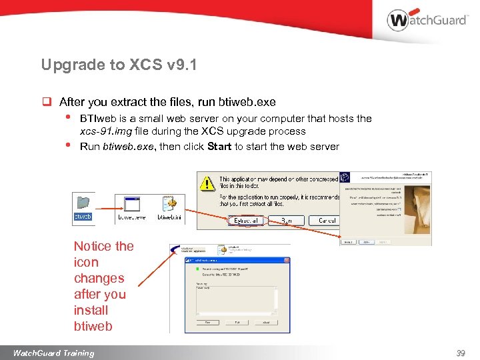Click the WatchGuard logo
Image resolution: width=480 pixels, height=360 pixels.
tap(427, 20)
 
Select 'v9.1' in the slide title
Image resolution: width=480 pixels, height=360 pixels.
tap(179, 65)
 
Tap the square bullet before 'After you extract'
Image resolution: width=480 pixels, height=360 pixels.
tap(47, 103)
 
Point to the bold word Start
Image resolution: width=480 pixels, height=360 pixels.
tap(219, 147)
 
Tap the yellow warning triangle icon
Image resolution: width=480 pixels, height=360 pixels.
tap(208, 185)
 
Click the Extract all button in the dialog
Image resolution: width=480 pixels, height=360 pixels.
tap(247, 220)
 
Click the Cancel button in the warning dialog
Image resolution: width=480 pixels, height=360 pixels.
tap(327, 220)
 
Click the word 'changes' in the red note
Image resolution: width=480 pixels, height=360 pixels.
tap(99, 278)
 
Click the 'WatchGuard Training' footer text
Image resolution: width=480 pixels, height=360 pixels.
tap(53, 353)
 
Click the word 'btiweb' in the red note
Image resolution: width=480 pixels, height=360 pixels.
tap(93, 326)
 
